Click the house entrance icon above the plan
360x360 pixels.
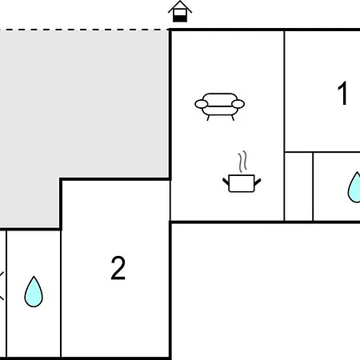point(180,11)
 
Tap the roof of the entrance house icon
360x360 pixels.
point(180,6)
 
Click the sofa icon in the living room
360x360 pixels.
point(219,106)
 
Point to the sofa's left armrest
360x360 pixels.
point(202,104)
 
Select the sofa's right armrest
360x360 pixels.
point(238,104)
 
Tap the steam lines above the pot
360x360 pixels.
point(242,162)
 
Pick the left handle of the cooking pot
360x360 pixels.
point(226,182)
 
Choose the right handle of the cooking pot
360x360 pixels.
point(258,182)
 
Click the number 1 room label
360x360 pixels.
point(342,93)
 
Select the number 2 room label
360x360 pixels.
point(118,268)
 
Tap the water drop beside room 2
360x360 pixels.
point(34,292)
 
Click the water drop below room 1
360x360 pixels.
point(355,187)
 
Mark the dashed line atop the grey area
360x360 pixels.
point(84,30)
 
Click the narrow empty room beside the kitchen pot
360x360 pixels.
point(298,186)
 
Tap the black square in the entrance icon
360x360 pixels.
point(180,18)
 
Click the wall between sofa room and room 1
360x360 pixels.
point(284,126)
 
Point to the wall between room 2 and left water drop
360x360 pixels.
point(61,294)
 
